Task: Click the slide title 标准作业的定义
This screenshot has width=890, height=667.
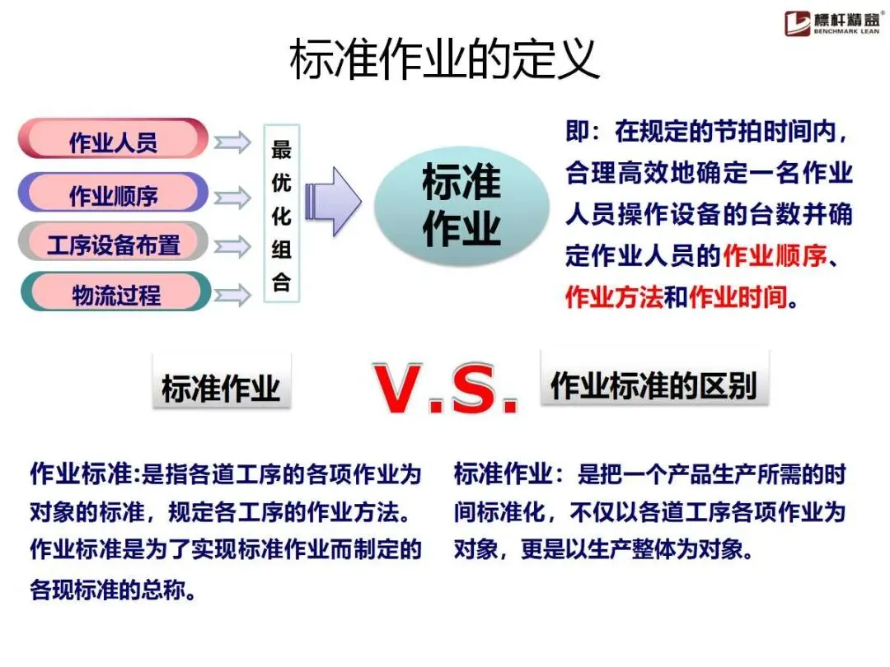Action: tap(444, 60)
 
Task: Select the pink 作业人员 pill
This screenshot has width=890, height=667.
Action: tap(113, 140)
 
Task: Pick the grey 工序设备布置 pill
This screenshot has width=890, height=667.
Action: tap(113, 244)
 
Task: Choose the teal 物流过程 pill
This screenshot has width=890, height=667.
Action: tap(113, 293)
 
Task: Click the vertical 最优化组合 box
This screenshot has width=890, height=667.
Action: tap(282, 213)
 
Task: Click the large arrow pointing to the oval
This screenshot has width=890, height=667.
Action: tap(333, 201)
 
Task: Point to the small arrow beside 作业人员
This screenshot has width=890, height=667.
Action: tap(232, 142)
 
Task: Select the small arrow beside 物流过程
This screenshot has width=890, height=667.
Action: tap(232, 294)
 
